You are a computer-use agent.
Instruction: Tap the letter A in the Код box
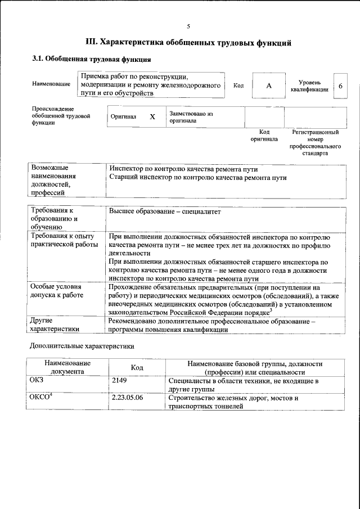click(268, 85)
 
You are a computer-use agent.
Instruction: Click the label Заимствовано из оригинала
click(191, 116)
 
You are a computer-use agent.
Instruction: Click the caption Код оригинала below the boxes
click(264, 136)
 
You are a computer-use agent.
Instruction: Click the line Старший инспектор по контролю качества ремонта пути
click(198, 178)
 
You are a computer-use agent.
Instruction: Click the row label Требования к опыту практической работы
click(63, 240)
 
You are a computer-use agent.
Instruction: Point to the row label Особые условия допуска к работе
click(56, 291)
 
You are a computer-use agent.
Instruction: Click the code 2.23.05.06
click(128, 398)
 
